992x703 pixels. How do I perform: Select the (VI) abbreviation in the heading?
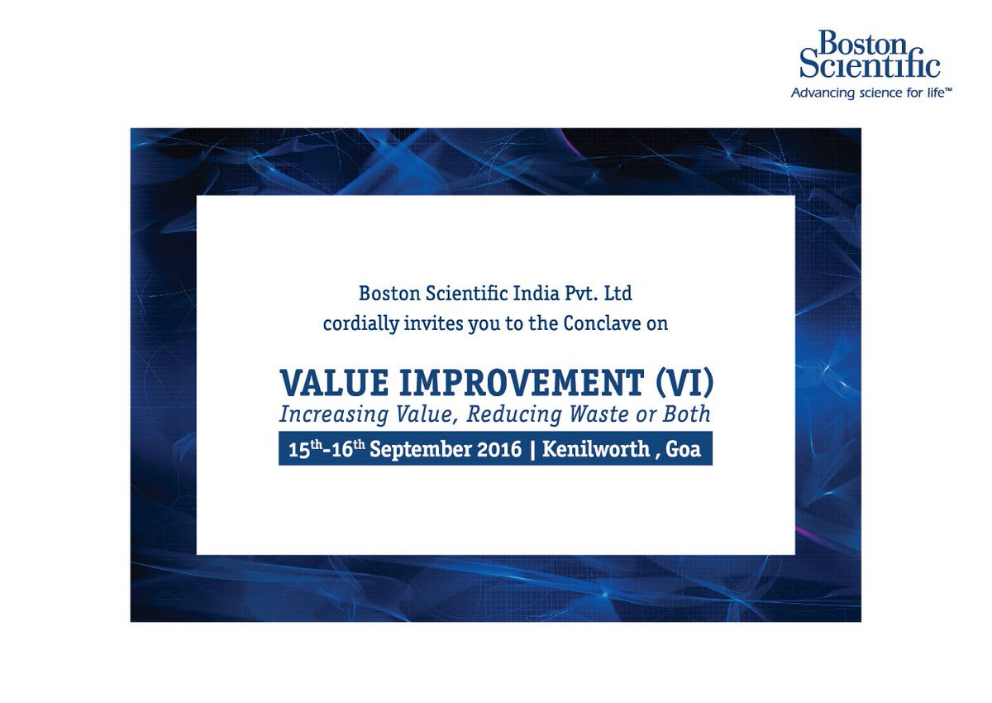(x=684, y=382)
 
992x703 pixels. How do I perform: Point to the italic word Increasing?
(x=324, y=414)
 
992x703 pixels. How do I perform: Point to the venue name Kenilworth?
(x=594, y=450)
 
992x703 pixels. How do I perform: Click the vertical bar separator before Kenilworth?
(x=532, y=450)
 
